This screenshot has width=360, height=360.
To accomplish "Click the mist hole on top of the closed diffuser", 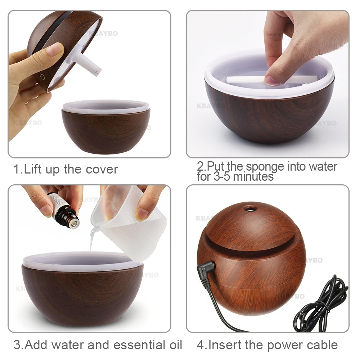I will click(250, 208).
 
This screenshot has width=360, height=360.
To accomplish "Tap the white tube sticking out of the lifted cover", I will click(88, 65).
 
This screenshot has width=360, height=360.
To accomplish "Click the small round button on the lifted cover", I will click(42, 77).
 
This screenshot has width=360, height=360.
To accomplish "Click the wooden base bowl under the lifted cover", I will click(105, 131).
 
